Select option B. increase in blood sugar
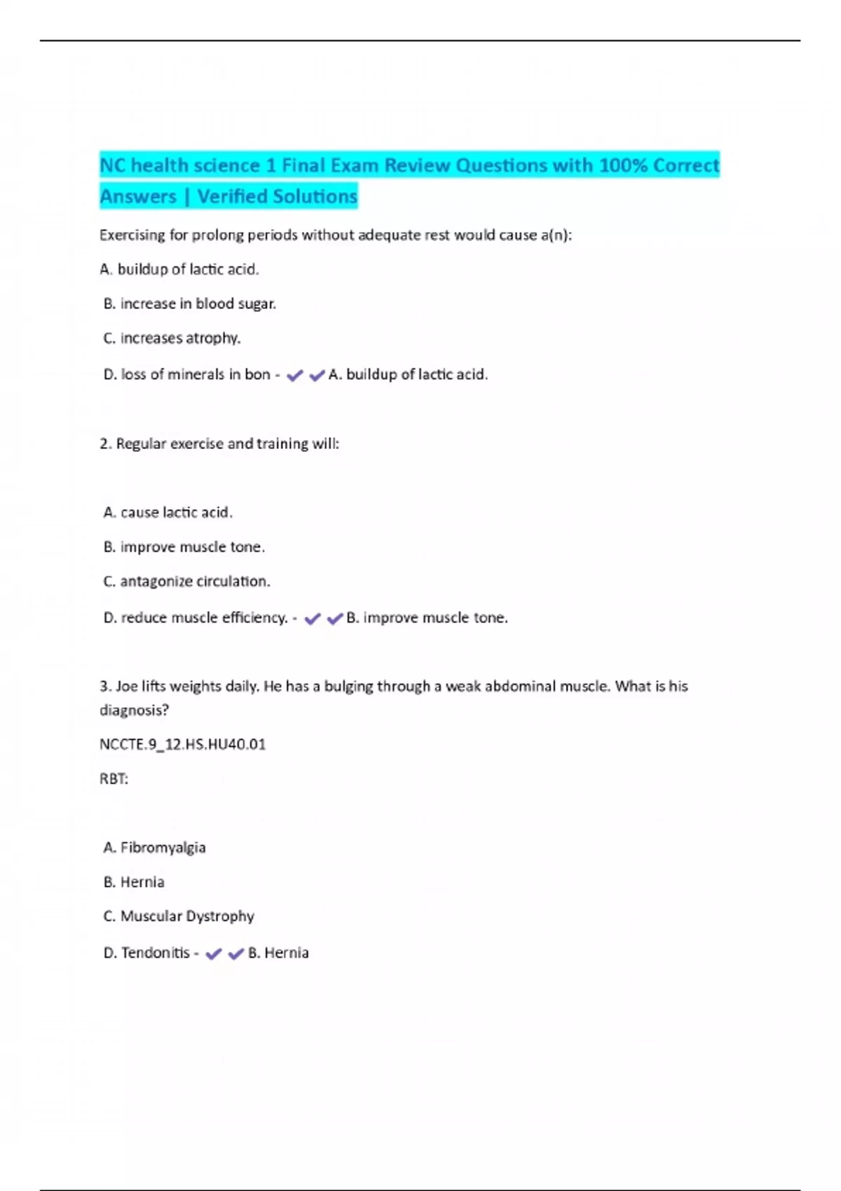190,303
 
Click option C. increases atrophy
172,338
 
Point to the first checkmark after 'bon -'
294,376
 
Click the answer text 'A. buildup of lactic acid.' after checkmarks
408,374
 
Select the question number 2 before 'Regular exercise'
106,443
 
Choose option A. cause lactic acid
168,512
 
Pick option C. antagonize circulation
186,581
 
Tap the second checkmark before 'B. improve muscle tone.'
334,619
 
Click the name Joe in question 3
127,686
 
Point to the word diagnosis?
134,710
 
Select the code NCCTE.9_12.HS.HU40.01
183,744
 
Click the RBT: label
114,778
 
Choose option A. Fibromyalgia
155,847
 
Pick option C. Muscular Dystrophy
179,916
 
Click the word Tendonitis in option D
155,952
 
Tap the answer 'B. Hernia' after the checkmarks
278,952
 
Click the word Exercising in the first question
132,235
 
